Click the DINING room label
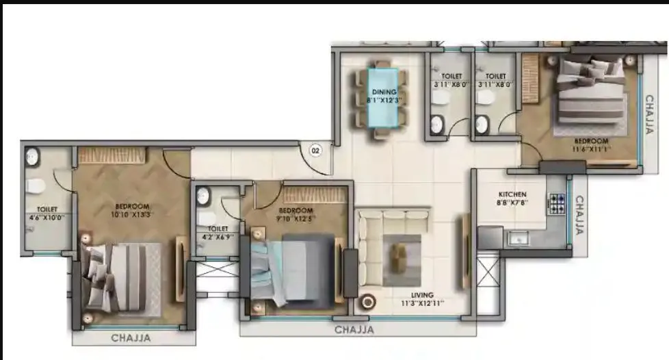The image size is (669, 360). [x=384, y=92]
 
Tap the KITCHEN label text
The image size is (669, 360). [x=512, y=194]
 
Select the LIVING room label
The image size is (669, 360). [x=422, y=295]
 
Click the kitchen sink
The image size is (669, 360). [x=518, y=239]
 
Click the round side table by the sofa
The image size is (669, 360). [x=369, y=301]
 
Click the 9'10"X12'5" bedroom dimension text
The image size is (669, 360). [x=296, y=219]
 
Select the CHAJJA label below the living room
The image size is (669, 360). [x=354, y=330]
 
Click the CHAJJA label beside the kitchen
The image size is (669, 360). [x=579, y=216]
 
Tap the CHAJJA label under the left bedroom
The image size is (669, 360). [x=131, y=337]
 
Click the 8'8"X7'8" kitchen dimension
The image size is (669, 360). [x=512, y=203]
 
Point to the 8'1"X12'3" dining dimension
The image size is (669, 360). [x=384, y=100]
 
